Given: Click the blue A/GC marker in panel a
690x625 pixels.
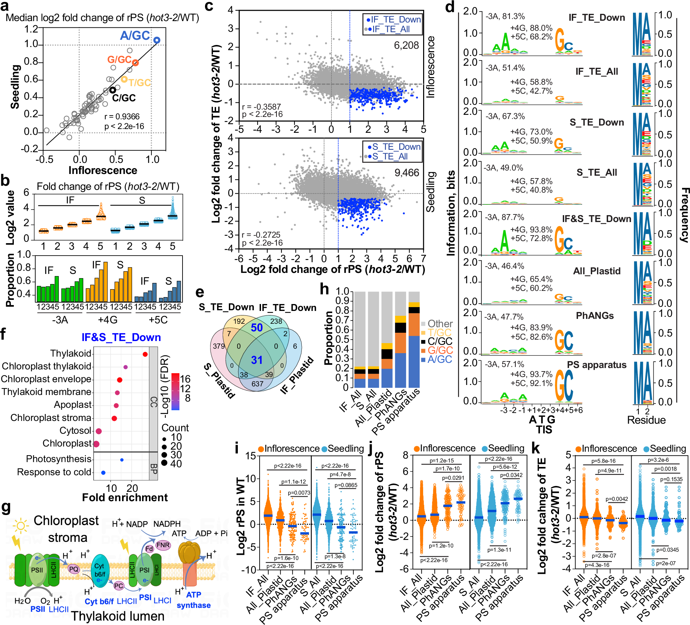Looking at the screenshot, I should [x=157, y=40].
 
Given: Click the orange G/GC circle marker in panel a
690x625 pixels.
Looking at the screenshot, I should [x=136, y=63].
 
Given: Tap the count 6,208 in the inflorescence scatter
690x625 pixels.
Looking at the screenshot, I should [x=406, y=45].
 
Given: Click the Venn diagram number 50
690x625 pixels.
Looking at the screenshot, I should [x=257, y=328].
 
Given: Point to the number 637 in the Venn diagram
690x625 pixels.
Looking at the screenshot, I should [x=258, y=384].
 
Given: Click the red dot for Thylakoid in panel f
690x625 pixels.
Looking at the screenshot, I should [x=145, y=354].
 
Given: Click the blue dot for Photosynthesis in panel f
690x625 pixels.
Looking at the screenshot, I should [x=122, y=460].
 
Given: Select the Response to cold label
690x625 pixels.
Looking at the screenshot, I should [x=54, y=472].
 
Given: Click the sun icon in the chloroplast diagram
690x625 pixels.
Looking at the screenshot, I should [x=20, y=526].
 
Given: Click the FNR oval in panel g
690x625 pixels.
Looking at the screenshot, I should [x=163, y=545].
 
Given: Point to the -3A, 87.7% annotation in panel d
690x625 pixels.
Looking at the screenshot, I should [x=504, y=217].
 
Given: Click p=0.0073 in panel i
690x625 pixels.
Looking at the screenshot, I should [x=299, y=493].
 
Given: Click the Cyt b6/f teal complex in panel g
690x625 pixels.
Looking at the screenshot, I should [x=99, y=570].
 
